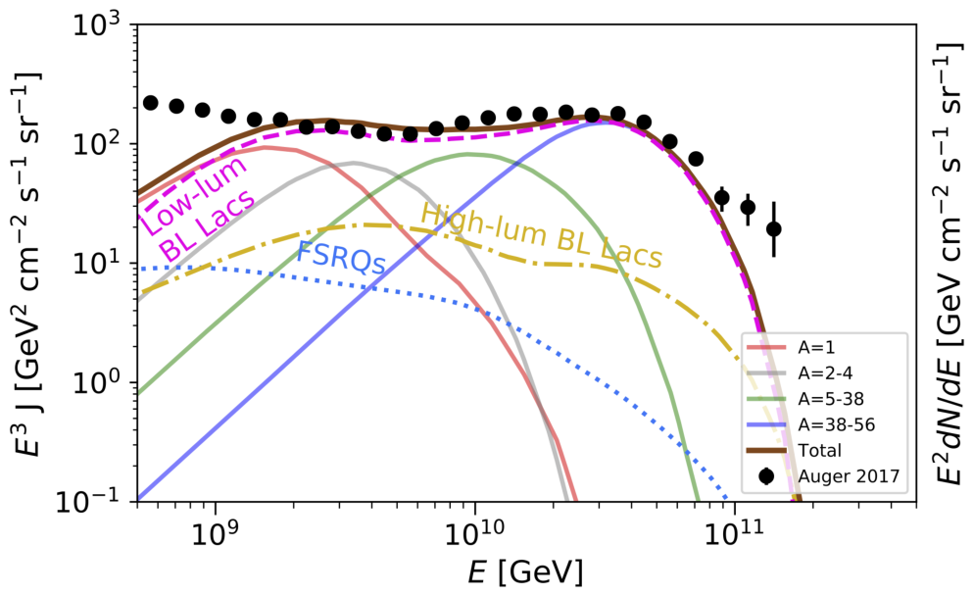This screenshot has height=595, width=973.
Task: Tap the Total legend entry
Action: (797, 450)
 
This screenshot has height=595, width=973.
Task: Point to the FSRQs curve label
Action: (342, 257)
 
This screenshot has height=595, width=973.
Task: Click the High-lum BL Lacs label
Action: (542, 236)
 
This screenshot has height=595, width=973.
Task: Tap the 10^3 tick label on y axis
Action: (98, 26)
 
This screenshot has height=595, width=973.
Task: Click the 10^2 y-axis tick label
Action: (98, 145)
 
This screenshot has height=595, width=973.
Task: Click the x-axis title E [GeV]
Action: (525, 572)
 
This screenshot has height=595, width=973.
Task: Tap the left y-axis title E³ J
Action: (27, 264)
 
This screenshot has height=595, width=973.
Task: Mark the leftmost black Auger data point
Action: (150, 103)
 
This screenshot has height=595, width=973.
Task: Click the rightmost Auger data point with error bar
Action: (773, 229)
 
